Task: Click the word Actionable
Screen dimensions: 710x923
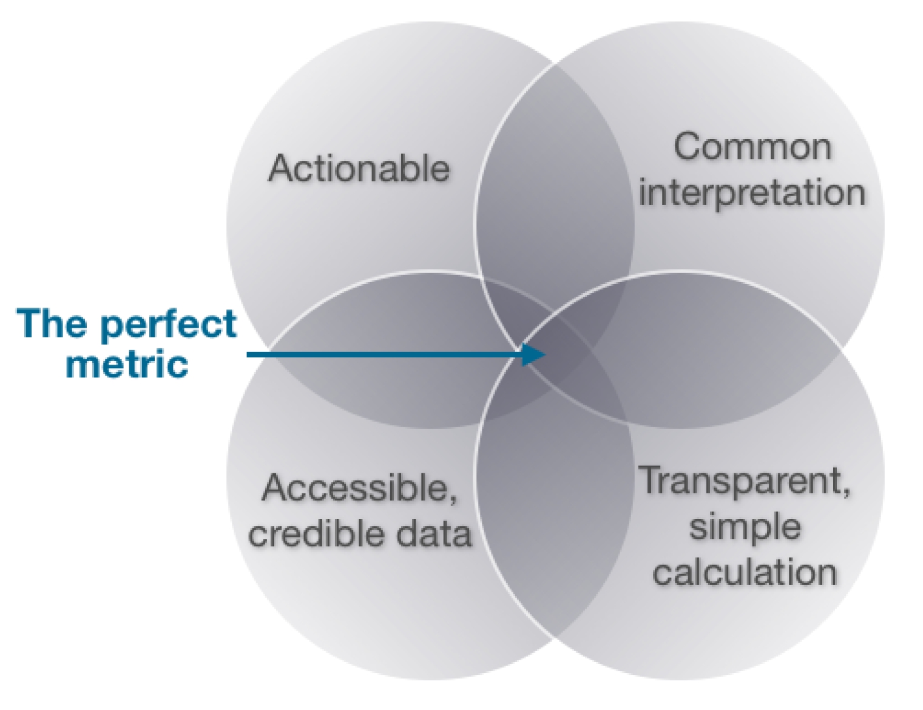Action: [359, 168]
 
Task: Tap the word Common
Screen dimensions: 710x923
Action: [752, 147]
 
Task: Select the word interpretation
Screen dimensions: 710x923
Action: [752, 193]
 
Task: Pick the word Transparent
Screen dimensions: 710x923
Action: [740, 481]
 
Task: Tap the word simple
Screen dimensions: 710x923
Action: [745, 527]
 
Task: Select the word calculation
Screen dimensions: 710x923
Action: [745, 572]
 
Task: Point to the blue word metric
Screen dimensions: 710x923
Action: [127, 364]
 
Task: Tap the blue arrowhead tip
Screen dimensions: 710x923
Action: [545, 354]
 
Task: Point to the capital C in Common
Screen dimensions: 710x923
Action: [688, 147]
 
